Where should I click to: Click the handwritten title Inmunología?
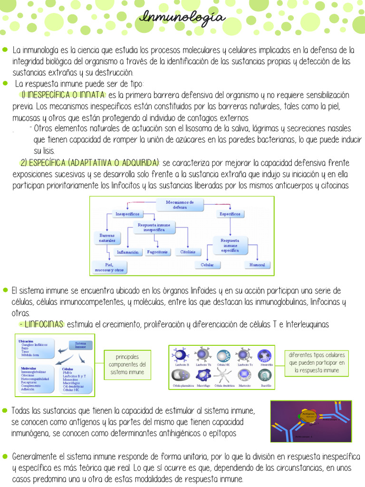(x=182, y=18)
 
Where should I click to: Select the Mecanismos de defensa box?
(x=180, y=205)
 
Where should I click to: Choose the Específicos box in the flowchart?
(x=230, y=214)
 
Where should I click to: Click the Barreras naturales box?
(x=107, y=238)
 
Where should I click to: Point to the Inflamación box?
(x=127, y=252)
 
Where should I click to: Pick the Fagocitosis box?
(x=157, y=252)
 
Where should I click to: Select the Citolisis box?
(x=188, y=252)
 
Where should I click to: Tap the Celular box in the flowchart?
(x=207, y=264)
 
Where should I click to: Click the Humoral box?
(x=257, y=264)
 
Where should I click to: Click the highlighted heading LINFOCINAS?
(x=41, y=324)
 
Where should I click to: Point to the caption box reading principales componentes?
(x=127, y=365)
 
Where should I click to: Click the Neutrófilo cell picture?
(x=264, y=356)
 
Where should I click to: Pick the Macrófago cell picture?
(x=203, y=376)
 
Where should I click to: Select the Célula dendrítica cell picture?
(x=223, y=376)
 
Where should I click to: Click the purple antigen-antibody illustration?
(x=311, y=421)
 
